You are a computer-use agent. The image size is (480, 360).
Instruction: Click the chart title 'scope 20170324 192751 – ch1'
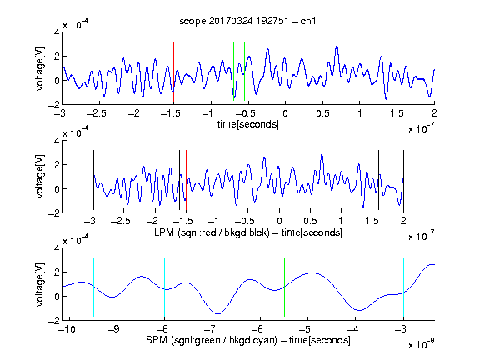[247, 21]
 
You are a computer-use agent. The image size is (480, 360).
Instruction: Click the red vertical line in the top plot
[173, 72]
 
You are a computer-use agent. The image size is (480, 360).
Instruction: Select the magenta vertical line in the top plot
[397, 72]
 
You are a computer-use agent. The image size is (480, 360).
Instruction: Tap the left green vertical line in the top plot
[233, 72]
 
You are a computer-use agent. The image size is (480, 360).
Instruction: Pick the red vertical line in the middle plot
[186, 180]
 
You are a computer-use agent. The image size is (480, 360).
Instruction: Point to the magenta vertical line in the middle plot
[372, 180]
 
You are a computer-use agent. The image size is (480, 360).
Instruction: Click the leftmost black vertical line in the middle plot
[93, 180]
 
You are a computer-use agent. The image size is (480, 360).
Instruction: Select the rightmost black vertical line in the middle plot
[403, 180]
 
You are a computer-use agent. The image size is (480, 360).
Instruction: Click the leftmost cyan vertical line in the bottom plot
[93, 287]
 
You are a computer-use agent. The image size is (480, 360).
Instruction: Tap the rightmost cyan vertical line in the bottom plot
[403, 287]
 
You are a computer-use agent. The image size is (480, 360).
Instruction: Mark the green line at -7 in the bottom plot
[212, 287]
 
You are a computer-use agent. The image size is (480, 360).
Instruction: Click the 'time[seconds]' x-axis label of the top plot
[248, 124]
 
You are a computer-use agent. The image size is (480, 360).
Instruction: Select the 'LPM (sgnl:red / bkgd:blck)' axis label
[212, 232]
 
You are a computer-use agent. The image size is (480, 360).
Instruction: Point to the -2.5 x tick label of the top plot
[96, 113]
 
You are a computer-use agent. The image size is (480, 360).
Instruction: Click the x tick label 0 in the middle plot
[279, 221]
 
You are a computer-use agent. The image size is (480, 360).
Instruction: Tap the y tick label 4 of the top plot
[57, 32]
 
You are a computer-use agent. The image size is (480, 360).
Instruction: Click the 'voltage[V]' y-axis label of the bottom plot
[40, 284]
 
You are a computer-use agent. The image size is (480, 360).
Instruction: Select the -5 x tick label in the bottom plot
[305, 329]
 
